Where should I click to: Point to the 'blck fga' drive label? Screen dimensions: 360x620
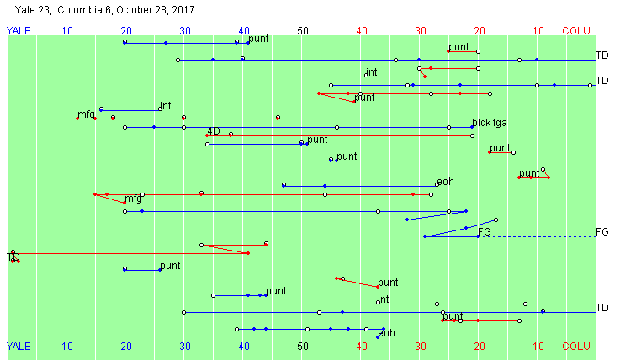tap(489, 123)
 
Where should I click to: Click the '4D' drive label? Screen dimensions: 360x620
tap(214, 131)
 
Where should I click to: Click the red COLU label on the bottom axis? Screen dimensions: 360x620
tap(576, 346)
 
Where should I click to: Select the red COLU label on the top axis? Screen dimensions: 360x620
tap(576, 30)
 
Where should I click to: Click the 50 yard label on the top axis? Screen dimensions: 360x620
tap(303, 30)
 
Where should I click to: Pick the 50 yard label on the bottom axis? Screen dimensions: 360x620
tap(303, 346)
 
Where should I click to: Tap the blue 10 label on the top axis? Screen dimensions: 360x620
tap(67, 30)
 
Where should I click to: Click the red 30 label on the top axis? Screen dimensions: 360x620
tap(421, 30)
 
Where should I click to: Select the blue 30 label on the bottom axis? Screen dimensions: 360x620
tap(185, 346)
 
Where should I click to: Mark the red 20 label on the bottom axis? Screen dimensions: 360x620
tap(480, 346)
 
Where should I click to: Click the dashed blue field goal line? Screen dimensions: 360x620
tap(538, 236)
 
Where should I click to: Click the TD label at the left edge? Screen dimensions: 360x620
tap(13, 257)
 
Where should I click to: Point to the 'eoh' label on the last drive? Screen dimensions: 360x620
tap(386, 333)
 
